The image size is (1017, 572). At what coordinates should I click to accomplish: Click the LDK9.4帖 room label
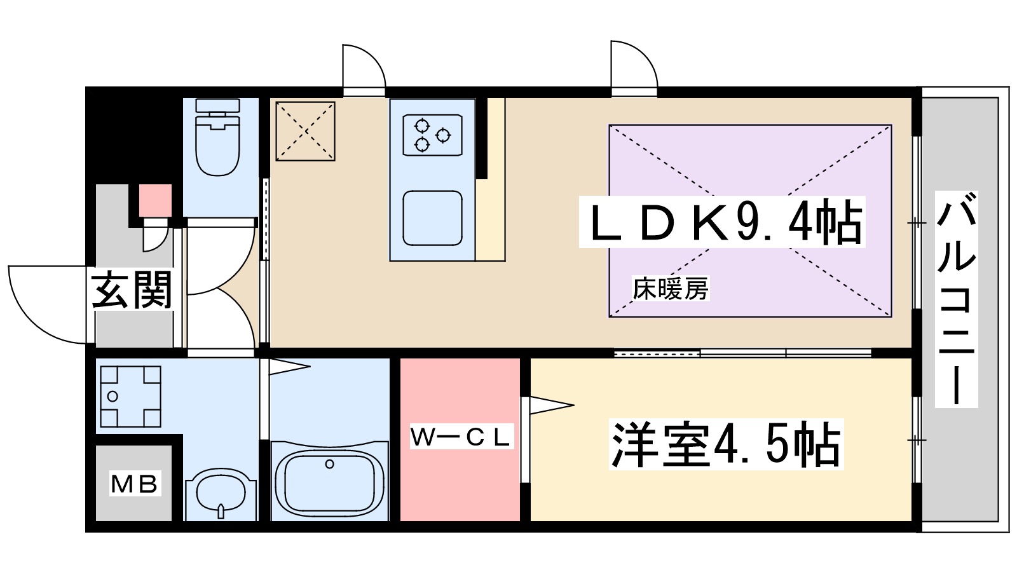[x=721, y=223]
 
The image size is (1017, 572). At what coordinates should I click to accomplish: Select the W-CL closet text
[x=460, y=437]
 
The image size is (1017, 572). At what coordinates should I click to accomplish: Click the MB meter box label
[x=134, y=484]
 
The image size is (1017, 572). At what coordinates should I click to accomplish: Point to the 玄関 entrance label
[x=132, y=290]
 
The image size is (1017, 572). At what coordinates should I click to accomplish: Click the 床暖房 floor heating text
[x=670, y=289]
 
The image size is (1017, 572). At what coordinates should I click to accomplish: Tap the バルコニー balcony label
[x=956, y=299]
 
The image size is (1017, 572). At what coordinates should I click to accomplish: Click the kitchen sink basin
[x=432, y=218]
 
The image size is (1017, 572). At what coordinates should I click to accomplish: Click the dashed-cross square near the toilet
[x=305, y=131]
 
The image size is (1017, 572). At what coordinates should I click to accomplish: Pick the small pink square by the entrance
[x=156, y=200]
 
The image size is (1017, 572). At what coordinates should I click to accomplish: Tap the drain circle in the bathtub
[x=329, y=464]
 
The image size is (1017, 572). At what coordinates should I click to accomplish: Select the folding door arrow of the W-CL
[x=550, y=405]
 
